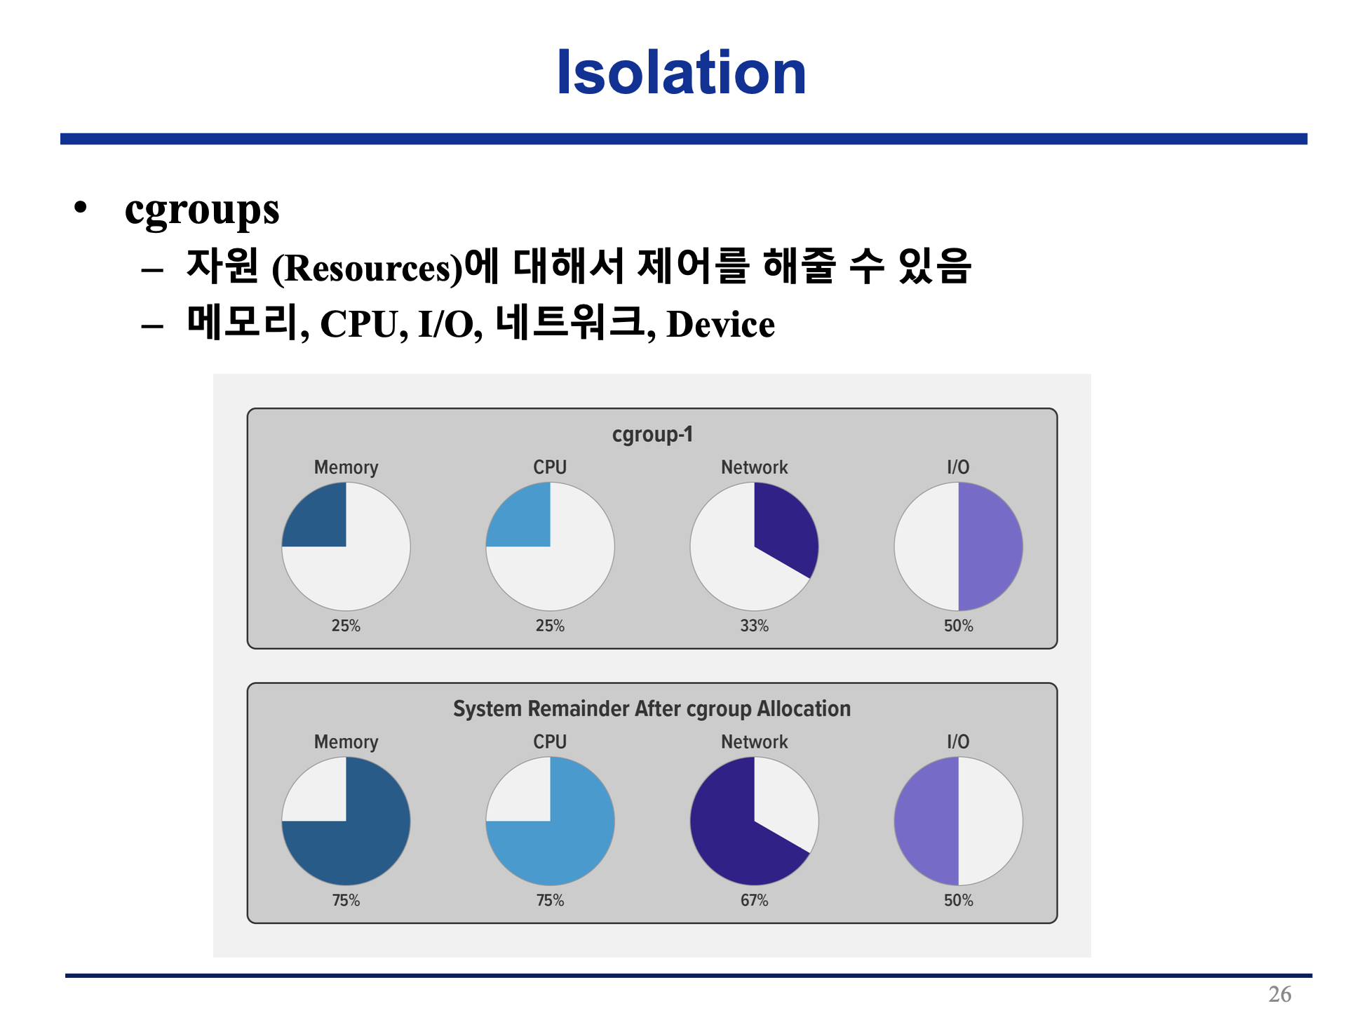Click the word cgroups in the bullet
(x=202, y=210)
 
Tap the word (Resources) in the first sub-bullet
(x=368, y=268)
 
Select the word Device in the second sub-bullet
(x=720, y=324)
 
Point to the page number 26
(x=1280, y=994)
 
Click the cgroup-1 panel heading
(x=652, y=434)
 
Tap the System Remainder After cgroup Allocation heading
(x=652, y=709)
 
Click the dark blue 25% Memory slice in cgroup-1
(x=319, y=519)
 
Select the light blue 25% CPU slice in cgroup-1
(x=523, y=519)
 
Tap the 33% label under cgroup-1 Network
(x=755, y=626)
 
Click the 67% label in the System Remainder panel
(x=755, y=900)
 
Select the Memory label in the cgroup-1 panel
(x=346, y=468)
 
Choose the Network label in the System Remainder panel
(x=755, y=741)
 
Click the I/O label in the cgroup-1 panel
(x=958, y=467)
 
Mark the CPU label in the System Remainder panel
(x=550, y=741)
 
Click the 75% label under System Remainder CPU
(x=550, y=900)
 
